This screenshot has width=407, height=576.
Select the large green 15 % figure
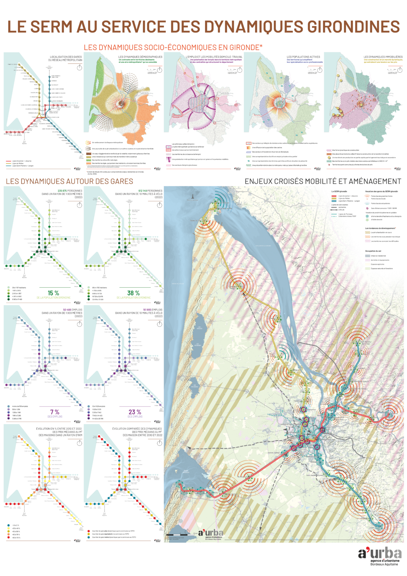click(x=53, y=293)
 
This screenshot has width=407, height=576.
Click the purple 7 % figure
click(x=55, y=412)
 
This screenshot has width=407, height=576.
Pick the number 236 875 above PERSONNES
click(x=62, y=191)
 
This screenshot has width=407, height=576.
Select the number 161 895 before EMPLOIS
click(x=147, y=310)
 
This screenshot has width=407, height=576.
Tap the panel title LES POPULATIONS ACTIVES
click(x=303, y=57)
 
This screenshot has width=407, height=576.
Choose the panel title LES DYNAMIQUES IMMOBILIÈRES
click(x=383, y=57)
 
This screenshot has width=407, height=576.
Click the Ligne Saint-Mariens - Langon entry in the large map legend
click(x=349, y=201)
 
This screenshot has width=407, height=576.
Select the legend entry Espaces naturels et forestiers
click(x=381, y=268)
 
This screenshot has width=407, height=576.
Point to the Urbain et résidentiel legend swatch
click(x=368, y=256)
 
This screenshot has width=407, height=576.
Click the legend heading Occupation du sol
click(x=373, y=251)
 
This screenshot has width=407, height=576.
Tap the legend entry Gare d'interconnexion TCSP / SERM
click(x=383, y=208)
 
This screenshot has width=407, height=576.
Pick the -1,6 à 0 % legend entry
click(x=15, y=525)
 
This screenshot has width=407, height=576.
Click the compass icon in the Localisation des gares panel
click(x=79, y=67)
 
